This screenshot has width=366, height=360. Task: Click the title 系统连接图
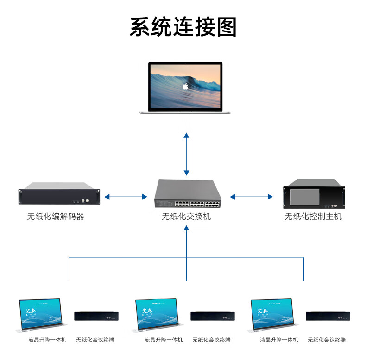[x=183, y=26]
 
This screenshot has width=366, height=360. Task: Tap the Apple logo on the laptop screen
[x=185, y=86]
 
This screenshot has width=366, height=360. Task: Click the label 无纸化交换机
[x=186, y=216]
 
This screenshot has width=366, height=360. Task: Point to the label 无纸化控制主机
[x=313, y=216]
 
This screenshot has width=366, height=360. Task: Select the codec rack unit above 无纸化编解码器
[x=59, y=197]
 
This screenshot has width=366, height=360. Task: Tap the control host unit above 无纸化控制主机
[x=314, y=196]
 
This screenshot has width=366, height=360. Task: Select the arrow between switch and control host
[x=252, y=197]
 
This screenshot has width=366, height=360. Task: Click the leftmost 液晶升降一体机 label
[x=47, y=340]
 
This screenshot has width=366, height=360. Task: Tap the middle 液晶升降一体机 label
[x=164, y=340]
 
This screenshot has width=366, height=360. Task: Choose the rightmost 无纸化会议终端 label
[x=327, y=340]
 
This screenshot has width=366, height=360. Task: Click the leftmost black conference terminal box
[x=96, y=317]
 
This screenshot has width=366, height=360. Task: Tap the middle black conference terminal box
[x=212, y=317]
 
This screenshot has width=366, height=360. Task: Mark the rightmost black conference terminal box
[x=328, y=317]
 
